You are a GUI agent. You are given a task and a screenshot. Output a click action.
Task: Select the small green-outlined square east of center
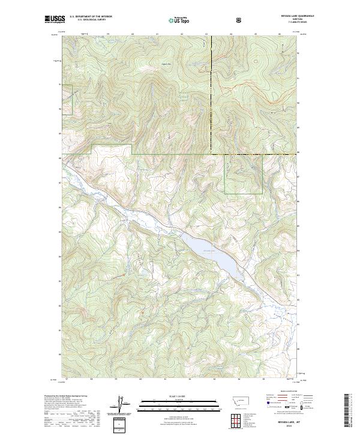[x=243, y=174]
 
